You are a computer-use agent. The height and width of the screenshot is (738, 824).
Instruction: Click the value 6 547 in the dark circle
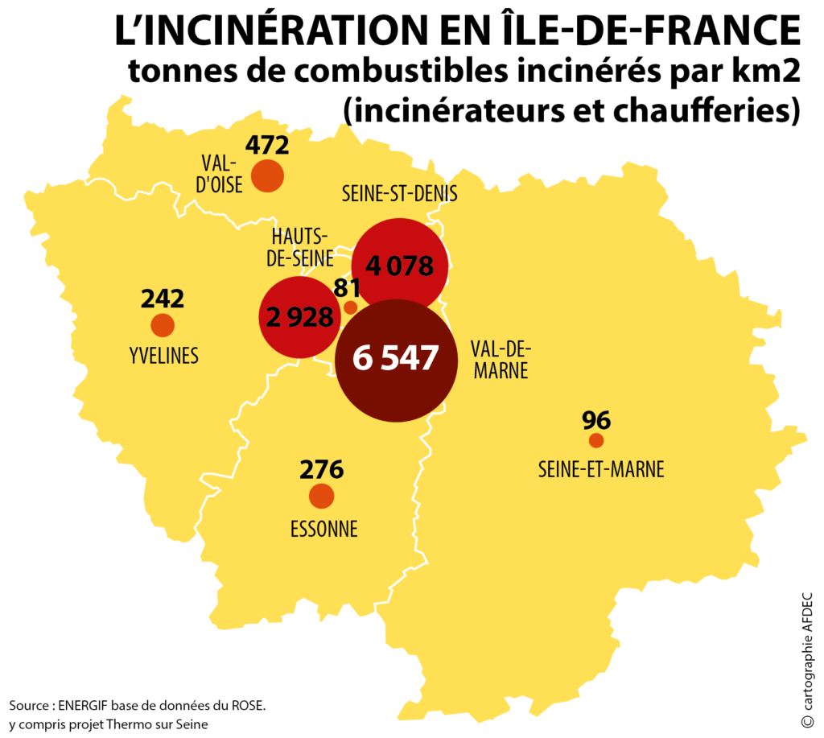point(395,357)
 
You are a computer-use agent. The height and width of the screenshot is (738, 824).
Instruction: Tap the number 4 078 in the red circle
point(399,266)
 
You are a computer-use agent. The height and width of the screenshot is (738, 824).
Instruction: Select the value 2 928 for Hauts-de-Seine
point(299,317)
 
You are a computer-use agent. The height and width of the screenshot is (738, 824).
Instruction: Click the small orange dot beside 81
point(351,307)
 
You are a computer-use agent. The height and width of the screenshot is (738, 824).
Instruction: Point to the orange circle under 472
point(267,175)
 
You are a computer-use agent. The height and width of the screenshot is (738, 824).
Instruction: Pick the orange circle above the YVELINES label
point(163,325)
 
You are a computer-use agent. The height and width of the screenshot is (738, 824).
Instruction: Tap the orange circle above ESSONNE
point(322,496)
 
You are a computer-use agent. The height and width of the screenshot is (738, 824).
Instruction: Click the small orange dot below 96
point(596,440)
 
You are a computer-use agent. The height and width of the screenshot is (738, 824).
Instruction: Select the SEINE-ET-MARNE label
point(600,469)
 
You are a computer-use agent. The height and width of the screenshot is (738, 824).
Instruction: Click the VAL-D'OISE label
point(219,174)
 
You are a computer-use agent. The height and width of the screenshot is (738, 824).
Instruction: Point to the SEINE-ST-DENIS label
point(399,194)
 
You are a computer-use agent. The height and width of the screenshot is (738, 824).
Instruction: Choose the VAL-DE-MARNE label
point(501,360)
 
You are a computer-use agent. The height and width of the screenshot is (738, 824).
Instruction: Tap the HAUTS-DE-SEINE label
point(300,247)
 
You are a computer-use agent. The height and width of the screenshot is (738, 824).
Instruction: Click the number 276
point(322,469)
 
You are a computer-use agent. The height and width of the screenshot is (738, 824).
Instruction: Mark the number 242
point(163,299)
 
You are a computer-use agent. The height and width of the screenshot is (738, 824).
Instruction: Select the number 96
point(596,421)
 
